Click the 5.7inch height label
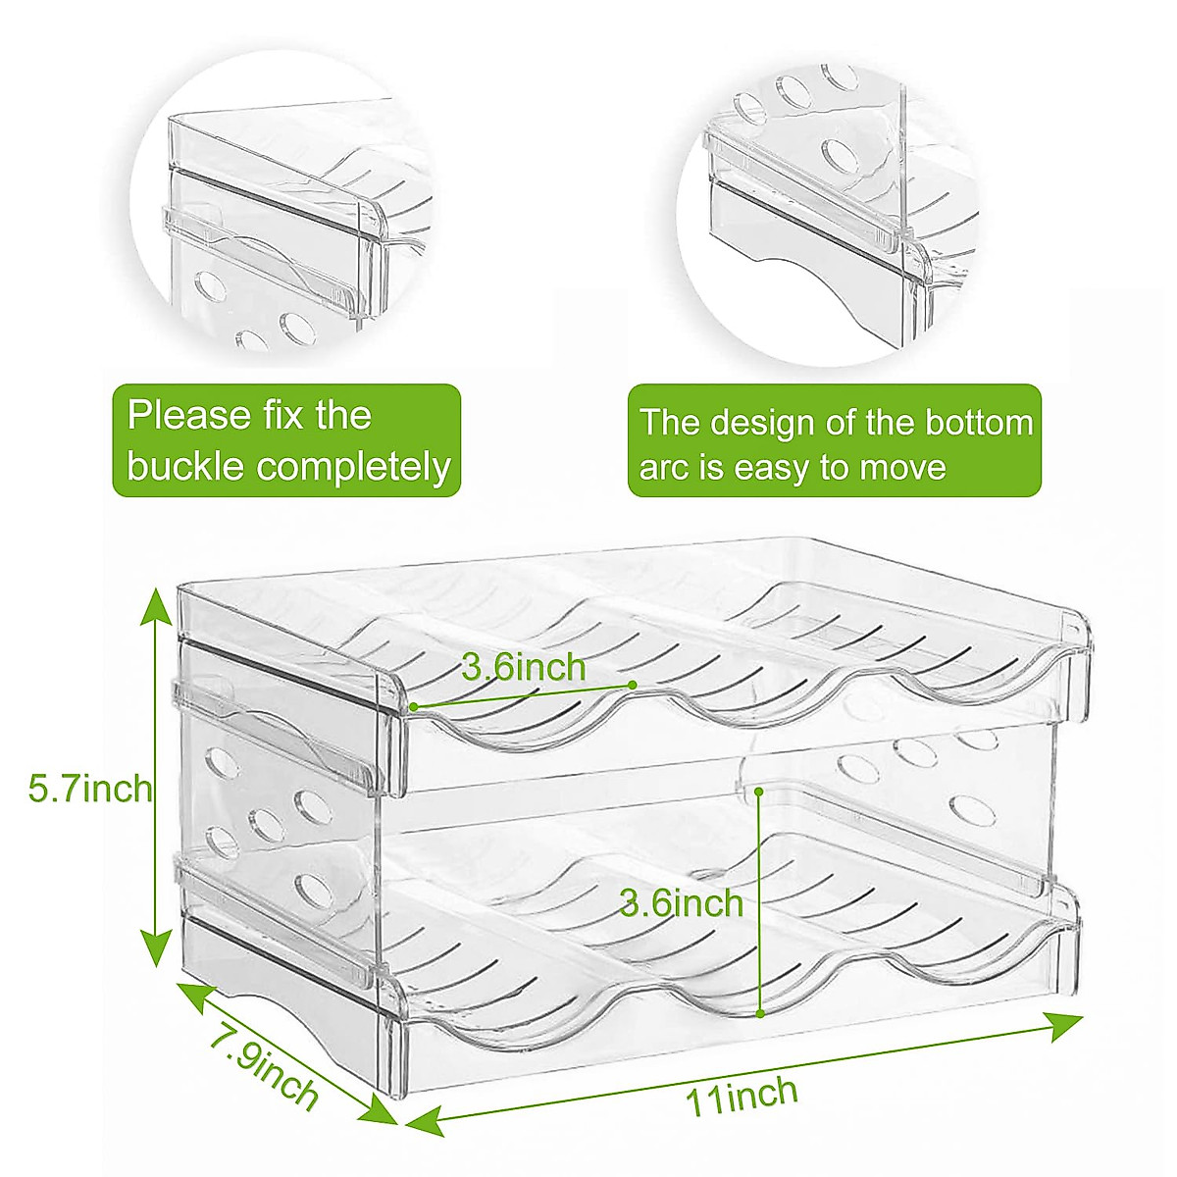point(90,788)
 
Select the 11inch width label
point(742,1094)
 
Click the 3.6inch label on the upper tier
point(524,668)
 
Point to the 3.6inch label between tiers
point(681,902)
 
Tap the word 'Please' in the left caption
point(189,415)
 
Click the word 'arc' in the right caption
point(662,468)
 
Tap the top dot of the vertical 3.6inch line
point(761,789)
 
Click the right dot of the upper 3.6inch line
point(633,685)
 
